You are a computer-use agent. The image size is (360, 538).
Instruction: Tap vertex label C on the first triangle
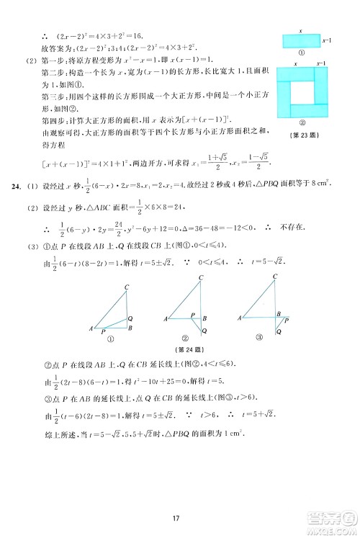(127, 287)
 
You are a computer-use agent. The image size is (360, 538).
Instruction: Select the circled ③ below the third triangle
(261, 337)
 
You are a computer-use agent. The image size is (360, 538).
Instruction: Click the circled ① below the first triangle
(110, 339)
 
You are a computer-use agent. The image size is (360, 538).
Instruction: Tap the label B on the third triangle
(279, 313)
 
